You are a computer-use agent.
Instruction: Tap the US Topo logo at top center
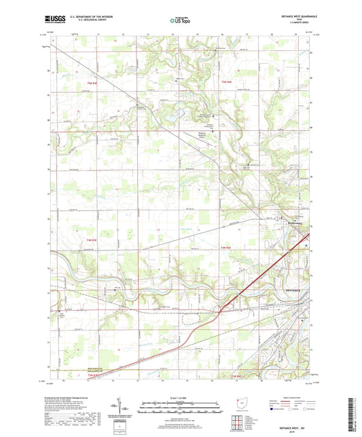pyautogui.click(x=180, y=21)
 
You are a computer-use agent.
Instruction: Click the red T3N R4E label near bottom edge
pyautogui.click(x=237, y=376)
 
